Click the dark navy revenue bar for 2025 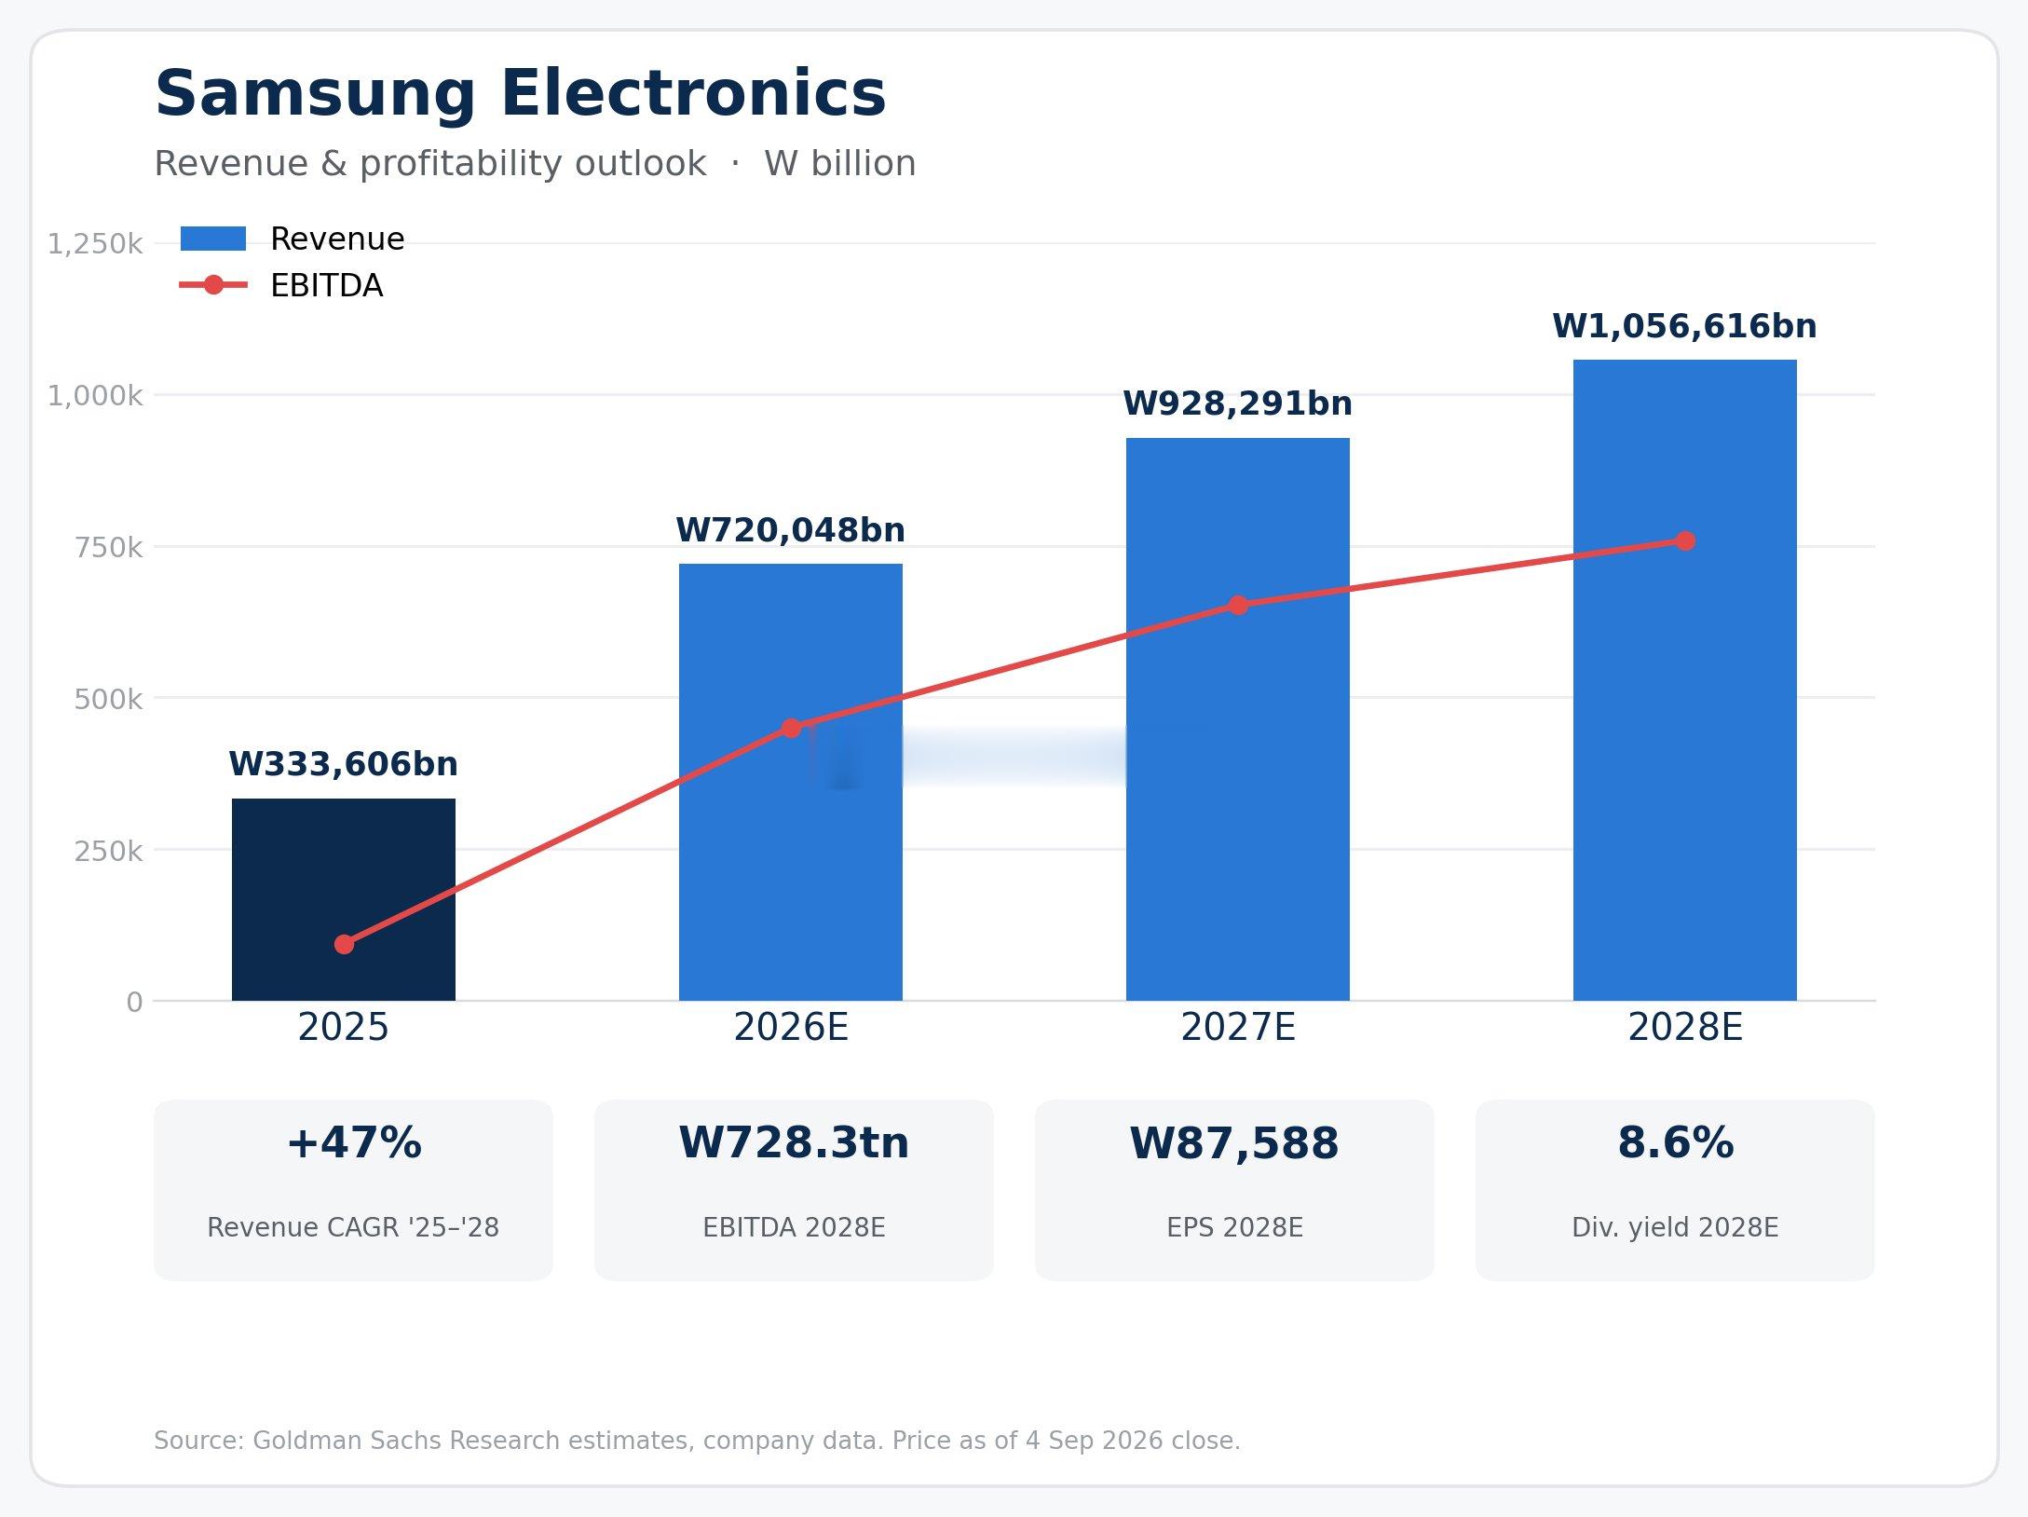[x=344, y=899]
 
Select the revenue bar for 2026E [x=791, y=782]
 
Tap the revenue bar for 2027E [x=1238, y=719]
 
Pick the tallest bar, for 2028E [x=1685, y=680]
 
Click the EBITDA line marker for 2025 [x=344, y=944]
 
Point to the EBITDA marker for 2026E [x=791, y=728]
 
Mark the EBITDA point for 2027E [x=1238, y=606]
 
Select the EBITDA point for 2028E [x=1685, y=540]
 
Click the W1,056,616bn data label [x=1684, y=326]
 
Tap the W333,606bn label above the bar [x=344, y=764]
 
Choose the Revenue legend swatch [x=213, y=239]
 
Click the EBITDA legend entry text [x=326, y=285]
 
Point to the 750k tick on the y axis [x=108, y=547]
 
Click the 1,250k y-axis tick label [x=95, y=244]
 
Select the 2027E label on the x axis [x=1238, y=1028]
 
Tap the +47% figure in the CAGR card [x=353, y=1143]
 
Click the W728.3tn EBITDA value [x=794, y=1143]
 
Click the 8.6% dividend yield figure [x=1675, y=1143]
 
